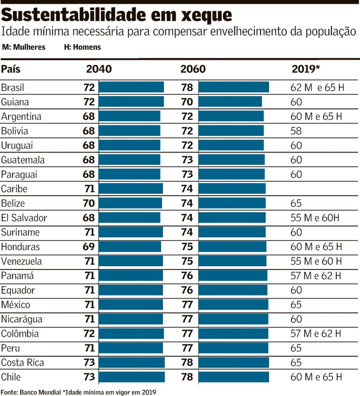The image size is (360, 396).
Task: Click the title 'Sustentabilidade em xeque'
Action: (x=117, y=15)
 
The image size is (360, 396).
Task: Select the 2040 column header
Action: (x=98, y=69)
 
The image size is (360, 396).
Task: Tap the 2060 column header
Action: (x=193, y=69)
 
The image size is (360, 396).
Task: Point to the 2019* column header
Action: (x=306, y=69)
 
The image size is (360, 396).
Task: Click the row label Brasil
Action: (x=13, y=88)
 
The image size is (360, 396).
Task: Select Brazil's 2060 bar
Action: (x=233, y=87)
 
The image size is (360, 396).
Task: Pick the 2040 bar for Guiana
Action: (x=131, y=102)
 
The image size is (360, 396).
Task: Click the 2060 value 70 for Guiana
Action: (x=187, y=102)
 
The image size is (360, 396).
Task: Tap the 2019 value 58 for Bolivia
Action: (x=296, y=131)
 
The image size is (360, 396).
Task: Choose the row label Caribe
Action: (x=14, y=189)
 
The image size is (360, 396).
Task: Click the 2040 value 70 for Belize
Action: (x=89, y=203)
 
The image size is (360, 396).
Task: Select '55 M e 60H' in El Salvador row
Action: (x=315, y=218)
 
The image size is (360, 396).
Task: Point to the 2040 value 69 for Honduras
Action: (x=89, y=247)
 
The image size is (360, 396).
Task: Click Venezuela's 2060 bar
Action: (x=232, y=261)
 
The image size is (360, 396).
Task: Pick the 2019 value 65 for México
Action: (x=296, y=305)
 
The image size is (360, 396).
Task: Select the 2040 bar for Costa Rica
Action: (x=131, y=362)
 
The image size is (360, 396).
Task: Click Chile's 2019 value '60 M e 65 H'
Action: (x=316, y=377)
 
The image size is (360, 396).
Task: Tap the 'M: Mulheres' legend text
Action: (x=24, y=47)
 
